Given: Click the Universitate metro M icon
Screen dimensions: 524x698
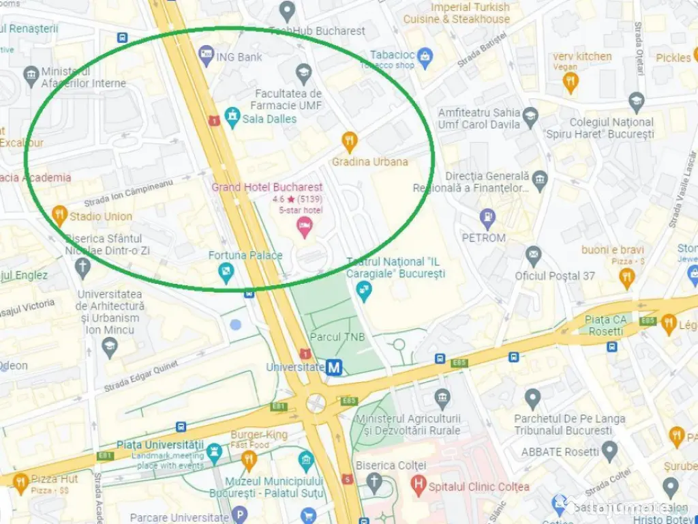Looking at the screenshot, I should point(333,367).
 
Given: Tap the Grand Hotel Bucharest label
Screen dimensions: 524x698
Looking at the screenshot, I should point(267,187).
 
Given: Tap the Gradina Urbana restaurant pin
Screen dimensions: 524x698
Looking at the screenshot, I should point(349,141).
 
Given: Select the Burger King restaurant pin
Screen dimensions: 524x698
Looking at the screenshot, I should point(249,461).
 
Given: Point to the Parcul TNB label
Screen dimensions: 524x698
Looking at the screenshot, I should point(337,337).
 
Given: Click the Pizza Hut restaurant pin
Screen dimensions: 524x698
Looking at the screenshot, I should point(20,483).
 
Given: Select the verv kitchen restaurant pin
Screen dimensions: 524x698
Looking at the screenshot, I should point(571,83).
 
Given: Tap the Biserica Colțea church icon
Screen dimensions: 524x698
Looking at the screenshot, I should point(374,482).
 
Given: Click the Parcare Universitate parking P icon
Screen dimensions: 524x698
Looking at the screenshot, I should point(239,515).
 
